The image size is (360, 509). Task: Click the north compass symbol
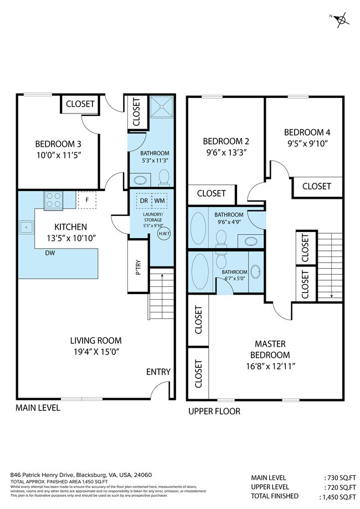(x=342, y=19)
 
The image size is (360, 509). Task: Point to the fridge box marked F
(x=87, y=200)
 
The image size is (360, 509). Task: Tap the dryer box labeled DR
(x=143, y=200)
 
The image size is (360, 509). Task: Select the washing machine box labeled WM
(x=160, y=200)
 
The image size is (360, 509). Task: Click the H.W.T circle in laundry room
(x=164, y=233)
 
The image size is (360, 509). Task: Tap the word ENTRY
(x=158, y=372)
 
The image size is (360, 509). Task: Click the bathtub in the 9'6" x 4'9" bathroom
(x=199, y=228)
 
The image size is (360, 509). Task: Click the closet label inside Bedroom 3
(x=80, y=104)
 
